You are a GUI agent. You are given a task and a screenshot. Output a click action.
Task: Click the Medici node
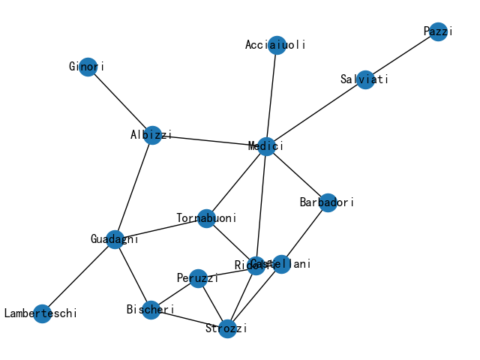coord(265,145)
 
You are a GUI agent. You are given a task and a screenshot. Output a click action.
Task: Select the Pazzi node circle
coord(439,31)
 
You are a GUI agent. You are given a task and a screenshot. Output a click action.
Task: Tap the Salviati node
coord(365,80)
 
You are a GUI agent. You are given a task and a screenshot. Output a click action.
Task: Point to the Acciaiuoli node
coord(277,45)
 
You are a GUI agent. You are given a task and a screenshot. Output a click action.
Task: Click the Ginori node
coord(88,67)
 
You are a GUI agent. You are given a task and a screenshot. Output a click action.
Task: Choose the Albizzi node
coord(152,136)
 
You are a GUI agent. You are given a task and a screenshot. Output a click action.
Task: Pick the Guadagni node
coord(115,239)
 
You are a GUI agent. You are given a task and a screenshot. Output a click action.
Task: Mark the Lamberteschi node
coord(42,313)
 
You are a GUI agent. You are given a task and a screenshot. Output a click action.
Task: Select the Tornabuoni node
coord(206,219)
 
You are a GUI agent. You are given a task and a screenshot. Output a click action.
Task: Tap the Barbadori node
coord(328,202)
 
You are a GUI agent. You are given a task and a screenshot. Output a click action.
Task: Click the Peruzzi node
coord(198,278)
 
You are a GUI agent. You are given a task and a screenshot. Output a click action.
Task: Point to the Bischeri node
coord(151,310)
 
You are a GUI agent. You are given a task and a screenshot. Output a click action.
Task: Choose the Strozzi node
coord(227,328)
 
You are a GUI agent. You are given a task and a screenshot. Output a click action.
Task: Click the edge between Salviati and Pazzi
coord(402,55)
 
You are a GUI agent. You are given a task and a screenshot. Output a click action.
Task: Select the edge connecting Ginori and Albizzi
coord(120,101)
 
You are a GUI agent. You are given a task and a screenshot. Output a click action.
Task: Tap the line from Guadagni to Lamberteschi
coord(79,276)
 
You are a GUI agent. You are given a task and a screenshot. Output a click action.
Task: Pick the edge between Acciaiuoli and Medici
coord(271,95)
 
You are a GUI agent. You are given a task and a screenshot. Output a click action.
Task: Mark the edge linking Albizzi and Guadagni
coord(133,187)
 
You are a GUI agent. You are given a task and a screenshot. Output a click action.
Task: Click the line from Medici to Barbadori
coord(296,174)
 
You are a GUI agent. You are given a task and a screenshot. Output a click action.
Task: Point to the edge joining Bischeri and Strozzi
coord(189,319)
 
